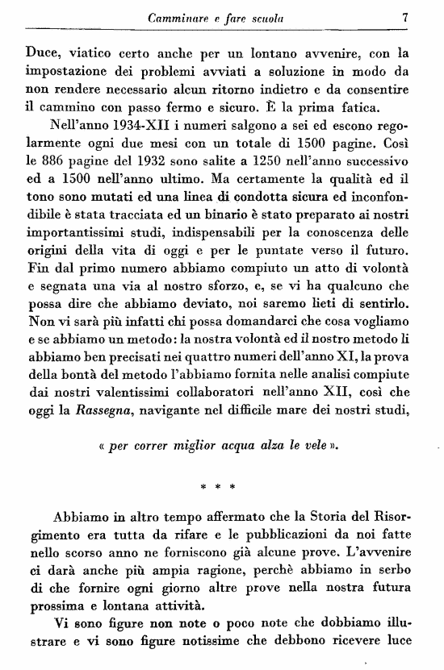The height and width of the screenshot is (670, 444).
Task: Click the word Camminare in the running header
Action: (175, 15)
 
